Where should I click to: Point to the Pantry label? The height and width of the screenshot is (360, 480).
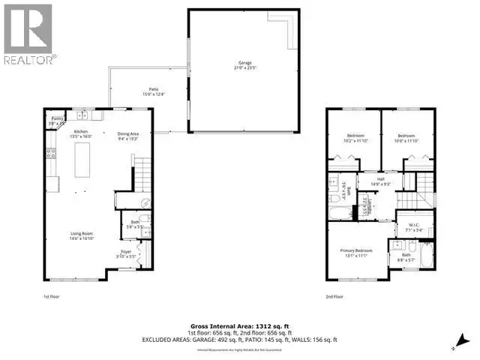coord(57,121)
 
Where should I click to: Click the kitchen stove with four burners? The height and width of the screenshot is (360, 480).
coord(50,156)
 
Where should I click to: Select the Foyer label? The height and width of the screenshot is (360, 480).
coord(127,253)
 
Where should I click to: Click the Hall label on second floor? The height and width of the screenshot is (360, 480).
coord(381,181)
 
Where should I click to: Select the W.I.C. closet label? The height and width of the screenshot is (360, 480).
coord(415,228)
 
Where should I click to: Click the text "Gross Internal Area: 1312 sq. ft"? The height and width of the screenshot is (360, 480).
coord(240,328)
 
